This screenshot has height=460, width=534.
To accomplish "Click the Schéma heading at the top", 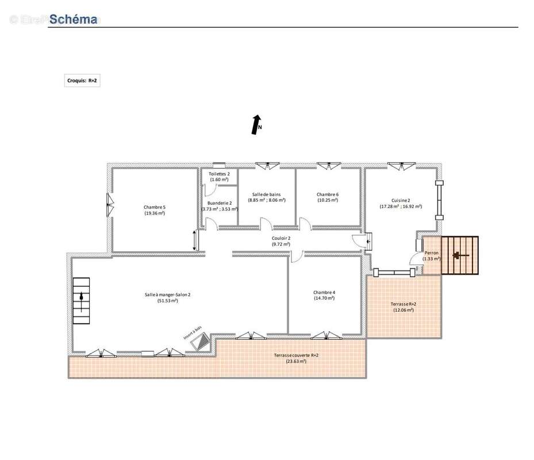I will [73, 19].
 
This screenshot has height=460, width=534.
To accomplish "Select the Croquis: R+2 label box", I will [82, 81].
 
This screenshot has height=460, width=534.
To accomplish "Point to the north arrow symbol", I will [255, 125].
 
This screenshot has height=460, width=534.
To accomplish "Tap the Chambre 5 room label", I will [154, 210].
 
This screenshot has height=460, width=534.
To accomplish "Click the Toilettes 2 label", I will [219, 177].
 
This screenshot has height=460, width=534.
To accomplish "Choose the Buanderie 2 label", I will [219, 206].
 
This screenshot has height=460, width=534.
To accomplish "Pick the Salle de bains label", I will [267, 197].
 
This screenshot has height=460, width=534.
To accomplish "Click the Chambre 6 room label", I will [328, 197].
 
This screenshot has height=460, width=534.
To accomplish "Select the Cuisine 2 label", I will [401, 202].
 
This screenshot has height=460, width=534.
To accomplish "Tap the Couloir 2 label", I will [281, 241].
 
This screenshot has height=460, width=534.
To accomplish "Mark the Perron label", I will [432, 255].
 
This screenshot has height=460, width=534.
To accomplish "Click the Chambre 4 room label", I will [324, 295].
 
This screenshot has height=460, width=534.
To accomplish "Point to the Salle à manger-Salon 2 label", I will [167, 297].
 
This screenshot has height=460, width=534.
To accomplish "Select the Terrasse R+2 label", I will [404, 306].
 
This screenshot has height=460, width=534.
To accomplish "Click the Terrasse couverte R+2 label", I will [296, 358].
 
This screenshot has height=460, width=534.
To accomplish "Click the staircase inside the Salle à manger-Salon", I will [81, 301].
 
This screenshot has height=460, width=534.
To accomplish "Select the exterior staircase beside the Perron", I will [459, 255].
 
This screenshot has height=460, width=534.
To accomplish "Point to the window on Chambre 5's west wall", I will [109, 204].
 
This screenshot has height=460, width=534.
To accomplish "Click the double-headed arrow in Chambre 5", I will [195, 240].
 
